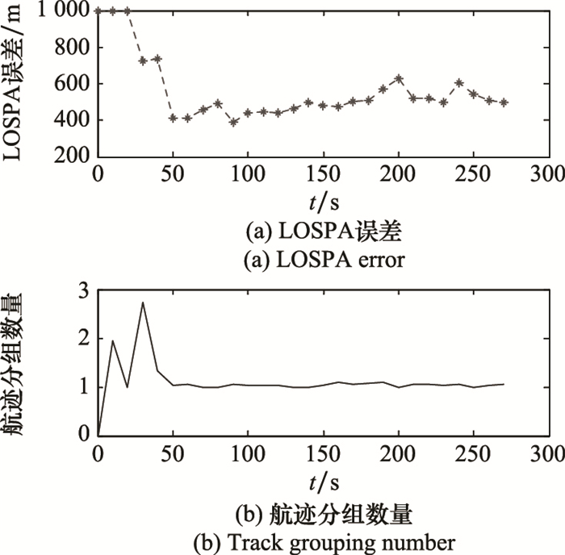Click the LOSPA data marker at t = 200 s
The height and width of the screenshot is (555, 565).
[398, 79]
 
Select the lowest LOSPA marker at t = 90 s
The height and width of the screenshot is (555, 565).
[233, 123]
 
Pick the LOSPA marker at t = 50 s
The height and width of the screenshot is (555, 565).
[173, 118]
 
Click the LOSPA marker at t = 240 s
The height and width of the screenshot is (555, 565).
[458, 82]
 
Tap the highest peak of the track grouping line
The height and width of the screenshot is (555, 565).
[143, 303]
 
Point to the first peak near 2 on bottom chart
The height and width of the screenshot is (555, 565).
[113, 340]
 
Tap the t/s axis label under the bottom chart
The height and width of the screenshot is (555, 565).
[323, 482]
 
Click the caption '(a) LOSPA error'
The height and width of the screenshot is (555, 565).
[323, 260]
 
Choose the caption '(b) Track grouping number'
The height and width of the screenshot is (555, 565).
[323, 540]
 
